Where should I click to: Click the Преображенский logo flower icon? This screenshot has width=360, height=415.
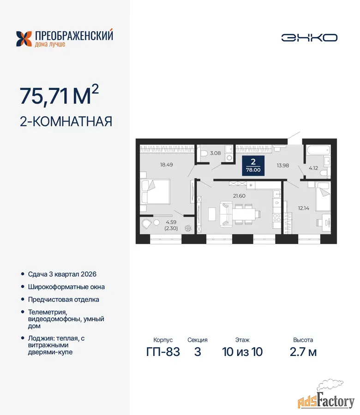[24, 39]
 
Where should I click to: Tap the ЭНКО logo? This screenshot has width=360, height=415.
[309, 38]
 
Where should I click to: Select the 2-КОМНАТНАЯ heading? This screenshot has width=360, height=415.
[66, 121]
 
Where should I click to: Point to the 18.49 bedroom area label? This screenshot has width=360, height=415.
[166, 165]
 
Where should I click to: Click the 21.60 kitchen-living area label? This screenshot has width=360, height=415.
[239, 196]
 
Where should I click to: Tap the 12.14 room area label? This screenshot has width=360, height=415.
[304, 208]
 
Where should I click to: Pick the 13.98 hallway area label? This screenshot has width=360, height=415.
[283, 166]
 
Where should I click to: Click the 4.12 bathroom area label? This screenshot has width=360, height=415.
[313, 168]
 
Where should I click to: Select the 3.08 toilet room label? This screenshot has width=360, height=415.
[216, 153]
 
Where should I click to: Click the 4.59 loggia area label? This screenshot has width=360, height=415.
[171, 222]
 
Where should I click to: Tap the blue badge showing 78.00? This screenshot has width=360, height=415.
[253, 166]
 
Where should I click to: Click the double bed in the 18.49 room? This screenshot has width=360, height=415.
[155, 192]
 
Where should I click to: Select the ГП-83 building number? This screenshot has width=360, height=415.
[163, 352]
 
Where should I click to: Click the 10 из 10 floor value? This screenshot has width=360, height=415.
[242, 352]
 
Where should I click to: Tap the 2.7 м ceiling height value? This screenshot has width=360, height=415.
[303, 352]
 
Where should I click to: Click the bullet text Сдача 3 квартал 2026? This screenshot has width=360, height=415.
[62, 274]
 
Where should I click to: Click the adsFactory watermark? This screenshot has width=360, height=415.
[326, 398]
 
